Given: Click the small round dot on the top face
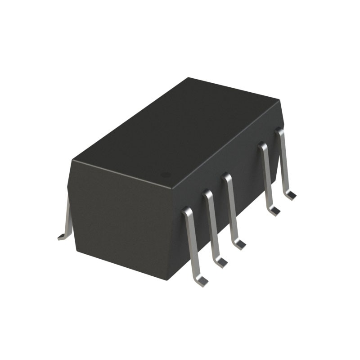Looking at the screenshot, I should coord(166,174).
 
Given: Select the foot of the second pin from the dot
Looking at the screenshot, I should coord(221,261).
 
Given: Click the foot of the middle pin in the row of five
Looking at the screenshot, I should coord(239,244).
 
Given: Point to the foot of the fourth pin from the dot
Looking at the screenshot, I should coord(273,211).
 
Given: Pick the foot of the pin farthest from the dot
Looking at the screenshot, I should coord(290,195).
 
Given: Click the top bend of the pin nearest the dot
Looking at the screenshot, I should coord(186,210).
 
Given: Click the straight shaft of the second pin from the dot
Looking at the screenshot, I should coord(213,227).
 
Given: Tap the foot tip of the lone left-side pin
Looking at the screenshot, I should coord(61,237).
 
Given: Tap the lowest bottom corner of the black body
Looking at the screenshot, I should coord(167,280).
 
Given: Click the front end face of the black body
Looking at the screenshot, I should coord(119,220).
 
